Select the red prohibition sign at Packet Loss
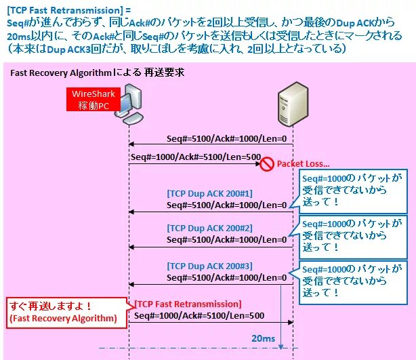click(x=267, y=163)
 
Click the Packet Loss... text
click(x=301, y=163)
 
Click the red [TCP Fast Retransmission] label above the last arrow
click(x=188, y=303)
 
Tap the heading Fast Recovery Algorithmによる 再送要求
click(x=98, y=71)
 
